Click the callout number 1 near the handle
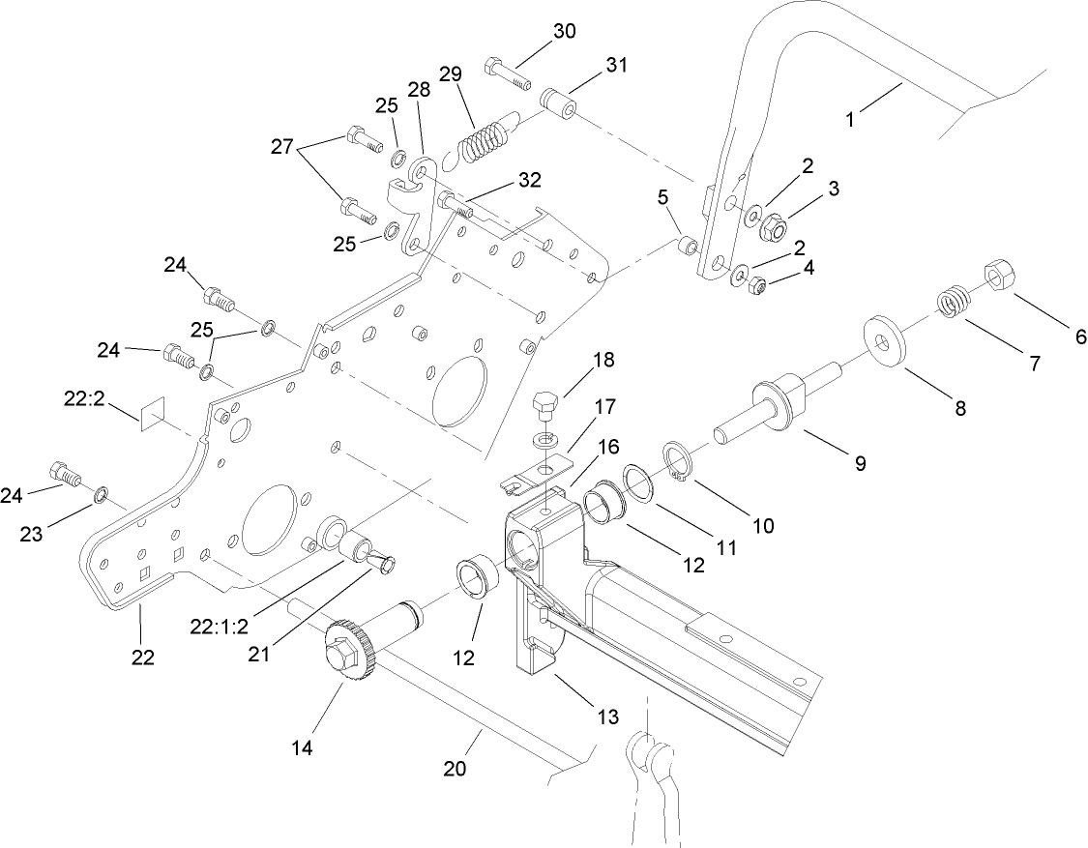[x=850, y=120]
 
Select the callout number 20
[x=456, y=768]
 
